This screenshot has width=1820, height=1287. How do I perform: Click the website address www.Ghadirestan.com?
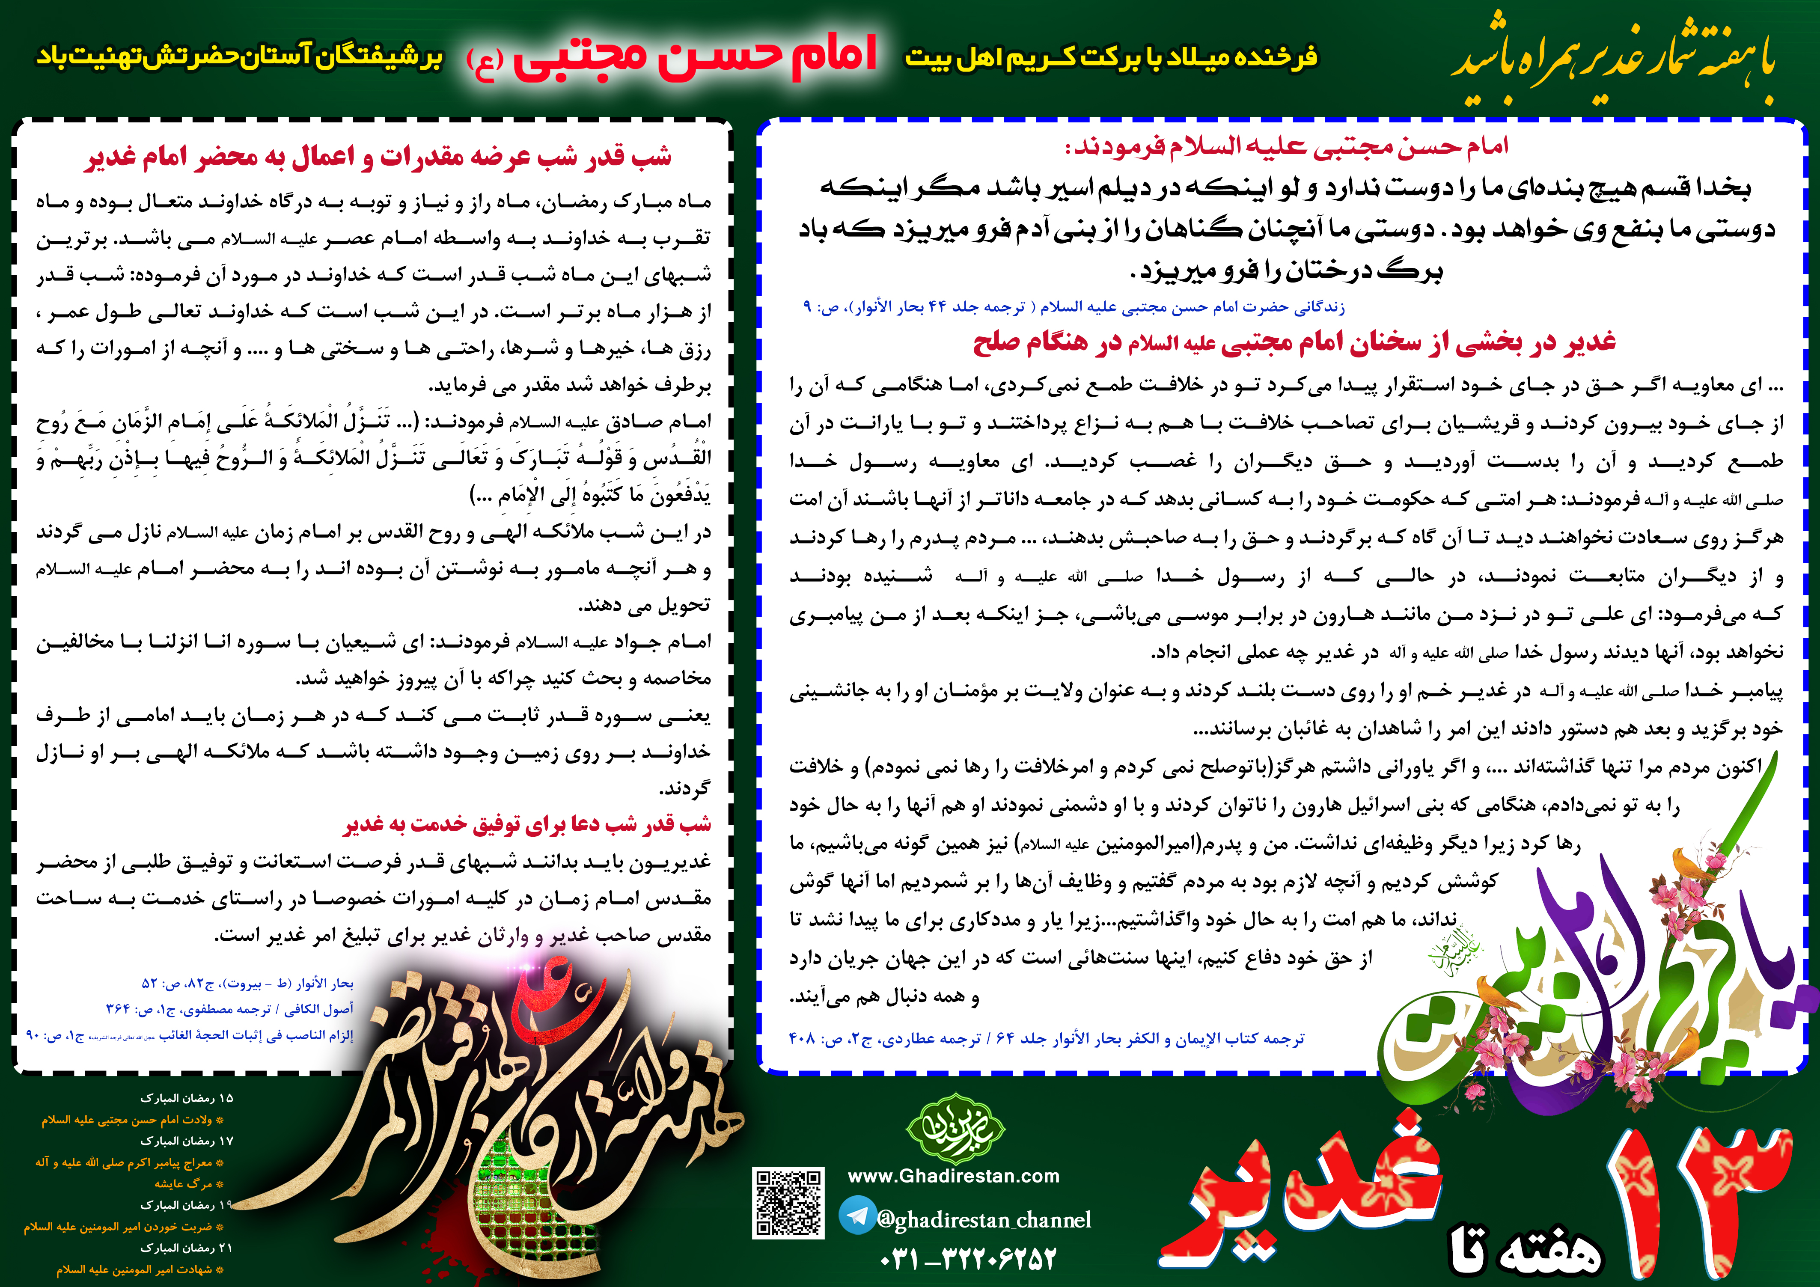(954, 1176)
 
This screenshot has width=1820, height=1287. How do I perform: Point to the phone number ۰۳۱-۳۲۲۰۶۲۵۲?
(969, 1258)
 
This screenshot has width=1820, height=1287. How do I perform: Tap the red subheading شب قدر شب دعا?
(527, 825)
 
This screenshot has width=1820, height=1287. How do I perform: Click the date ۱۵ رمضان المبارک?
(187, 1098)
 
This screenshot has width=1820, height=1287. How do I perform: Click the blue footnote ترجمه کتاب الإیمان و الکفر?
(1047, 1039)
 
